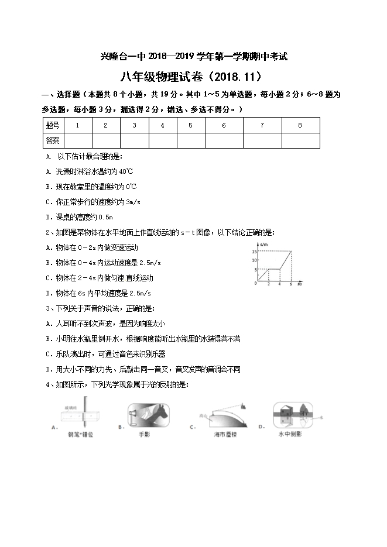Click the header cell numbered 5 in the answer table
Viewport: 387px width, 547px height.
click(190, 125)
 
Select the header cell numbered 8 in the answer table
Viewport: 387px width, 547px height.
click(300, 125)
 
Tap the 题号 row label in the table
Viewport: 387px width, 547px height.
click(53, 125)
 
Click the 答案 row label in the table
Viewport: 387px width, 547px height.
click(53, 140)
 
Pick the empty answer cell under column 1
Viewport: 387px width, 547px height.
click(77, 140)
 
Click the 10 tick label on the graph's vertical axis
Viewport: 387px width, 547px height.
click(254, 260)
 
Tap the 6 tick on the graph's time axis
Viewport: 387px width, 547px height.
click(290, 284)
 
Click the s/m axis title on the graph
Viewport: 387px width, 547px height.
click(265, 243)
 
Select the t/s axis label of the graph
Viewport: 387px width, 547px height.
click(299, 284)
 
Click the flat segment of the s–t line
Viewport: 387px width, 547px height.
click(273, 270)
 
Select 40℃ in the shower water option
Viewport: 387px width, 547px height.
click(126, 172)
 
